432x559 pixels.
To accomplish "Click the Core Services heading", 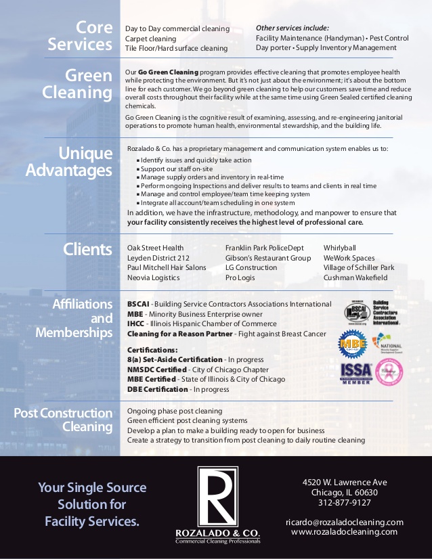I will pyautogui.click(x=79, y=37).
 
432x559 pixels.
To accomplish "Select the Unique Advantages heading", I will pyautogui.click(x=69, y=162).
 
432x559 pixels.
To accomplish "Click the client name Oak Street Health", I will pyautogui.click(x=155, y=248).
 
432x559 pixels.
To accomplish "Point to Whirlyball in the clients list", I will pyautogui.click(x=340, y=248).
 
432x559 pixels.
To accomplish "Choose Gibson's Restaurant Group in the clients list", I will pyautogui.click(x=268, y=258).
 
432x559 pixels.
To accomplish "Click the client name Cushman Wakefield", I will pyautogui.click(x=355, y=277).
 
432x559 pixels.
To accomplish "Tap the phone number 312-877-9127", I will pyautogui.click(x=344, y=503).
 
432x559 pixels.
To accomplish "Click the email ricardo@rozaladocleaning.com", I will pyautogui.click(x=344, y=522).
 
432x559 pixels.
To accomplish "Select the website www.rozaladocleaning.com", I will pyautogui.click(x=344, y=532).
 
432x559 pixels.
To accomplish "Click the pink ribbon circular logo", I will pyautogui.click(x=389, y=371).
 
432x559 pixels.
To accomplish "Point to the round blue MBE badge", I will pyautogui.click(x=352, y=343).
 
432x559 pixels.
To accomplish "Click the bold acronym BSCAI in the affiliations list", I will pyautogui.click(x=138, y=305).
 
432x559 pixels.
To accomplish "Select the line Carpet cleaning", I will pyautogui.click(x=150, y=39).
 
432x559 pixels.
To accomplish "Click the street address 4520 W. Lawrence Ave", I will pyautogui.click(x=344, y=483).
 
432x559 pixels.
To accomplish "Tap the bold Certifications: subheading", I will pyautogui.click(x=152, y=349).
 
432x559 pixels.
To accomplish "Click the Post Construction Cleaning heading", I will pyautogui.click(x=64, y=420).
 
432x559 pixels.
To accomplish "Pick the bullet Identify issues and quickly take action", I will pyautogui.click(x=196, y=160).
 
